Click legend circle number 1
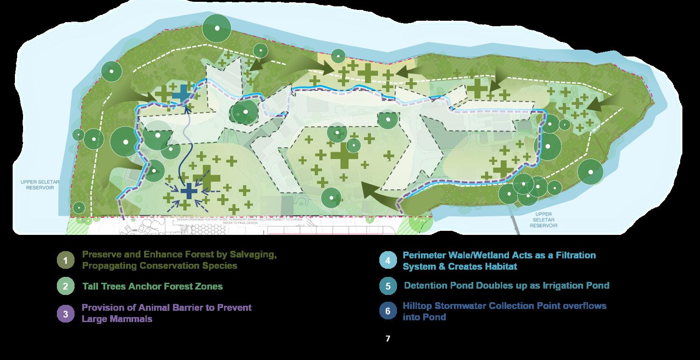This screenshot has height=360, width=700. [65, 261]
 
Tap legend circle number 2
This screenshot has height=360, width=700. [65, 286]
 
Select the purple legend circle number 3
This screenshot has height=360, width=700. [65, 313]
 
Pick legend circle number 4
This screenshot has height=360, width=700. [388, 261]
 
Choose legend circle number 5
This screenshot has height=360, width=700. [388, 286]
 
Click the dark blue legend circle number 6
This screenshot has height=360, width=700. [388, 311]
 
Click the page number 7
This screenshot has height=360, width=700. [388, 338]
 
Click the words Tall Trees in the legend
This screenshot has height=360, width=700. [104, 286]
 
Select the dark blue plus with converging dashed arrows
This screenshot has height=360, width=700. [189, 191]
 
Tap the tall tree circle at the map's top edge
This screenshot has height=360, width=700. [217, 28]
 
